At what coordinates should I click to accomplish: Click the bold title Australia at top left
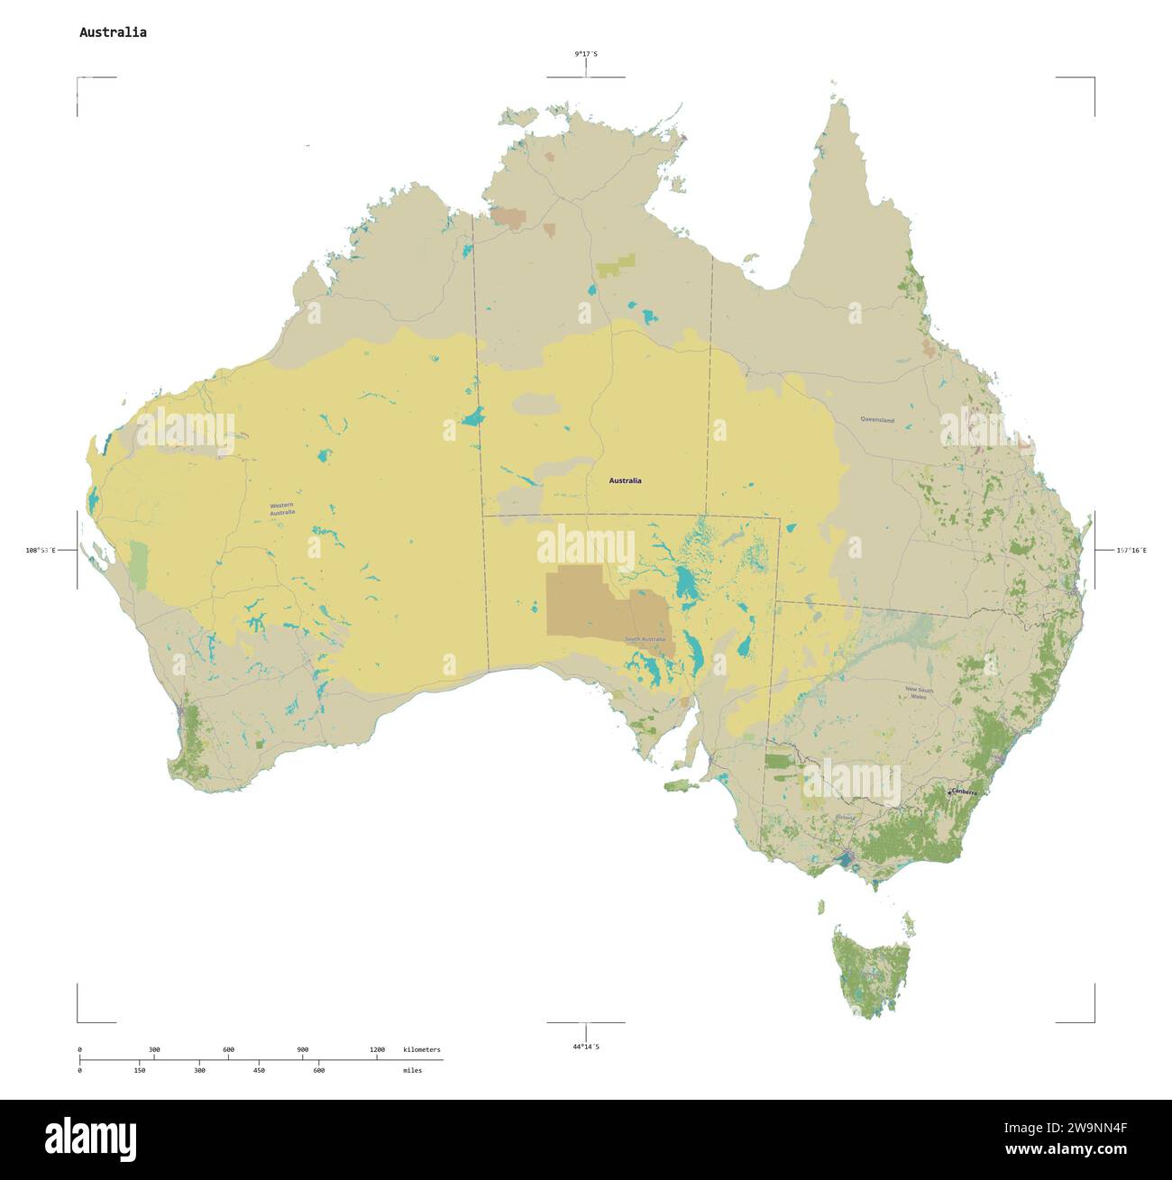(x=113, y=32)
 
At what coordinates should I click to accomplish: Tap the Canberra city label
(x=963, y=791)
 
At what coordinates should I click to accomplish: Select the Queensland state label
(x=876, y=420)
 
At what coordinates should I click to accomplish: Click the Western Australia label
(x=282, y=509)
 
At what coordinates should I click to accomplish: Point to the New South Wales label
(x=919, y=693)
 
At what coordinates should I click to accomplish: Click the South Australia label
(x=645, y=639)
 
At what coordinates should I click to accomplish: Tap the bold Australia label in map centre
(x=625, y=480)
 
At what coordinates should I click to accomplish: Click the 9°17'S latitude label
(x=586, y=54)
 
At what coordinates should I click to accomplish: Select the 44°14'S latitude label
(x=586, y=1047)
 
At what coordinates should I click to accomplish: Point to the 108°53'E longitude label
(x=41, y=550)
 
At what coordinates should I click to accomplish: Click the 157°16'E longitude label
(x=1131, y=550)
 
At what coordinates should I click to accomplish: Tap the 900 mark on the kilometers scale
(x=303, y=1049)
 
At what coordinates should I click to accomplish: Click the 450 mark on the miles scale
(x=259, y=1070)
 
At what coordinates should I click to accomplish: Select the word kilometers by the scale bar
(x=422, y=1049)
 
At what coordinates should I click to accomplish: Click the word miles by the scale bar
(x=412, y=1070)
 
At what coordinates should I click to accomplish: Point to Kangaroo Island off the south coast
(x=682, y=786)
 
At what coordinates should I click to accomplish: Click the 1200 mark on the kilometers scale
(x=377, y=1049)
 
